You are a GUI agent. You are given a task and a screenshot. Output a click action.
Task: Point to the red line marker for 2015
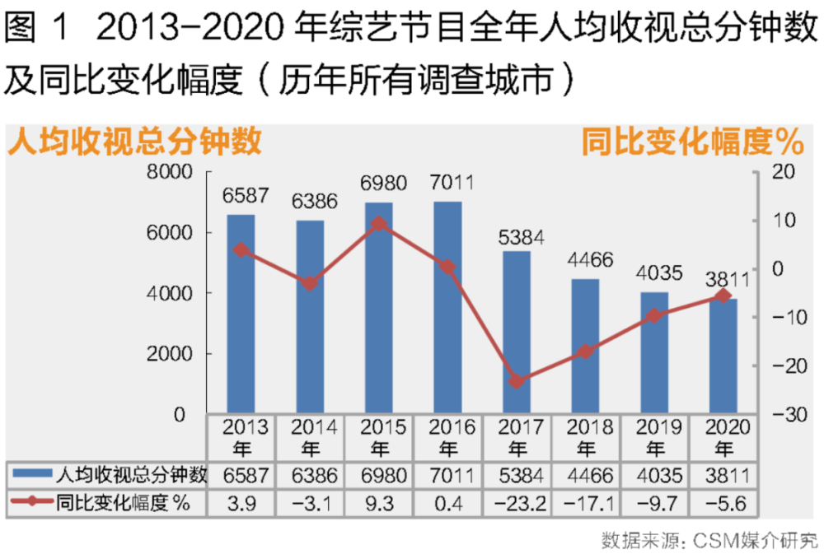[379, 223]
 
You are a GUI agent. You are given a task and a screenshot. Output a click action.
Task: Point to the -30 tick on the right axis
[780, 415]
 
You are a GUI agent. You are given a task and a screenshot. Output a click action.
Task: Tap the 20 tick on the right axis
[782, 172]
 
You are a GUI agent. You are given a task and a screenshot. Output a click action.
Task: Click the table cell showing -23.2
[517, 504]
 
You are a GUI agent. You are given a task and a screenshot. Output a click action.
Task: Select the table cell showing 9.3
[379, 504]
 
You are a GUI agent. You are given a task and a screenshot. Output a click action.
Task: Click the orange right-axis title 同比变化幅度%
[692, 142]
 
